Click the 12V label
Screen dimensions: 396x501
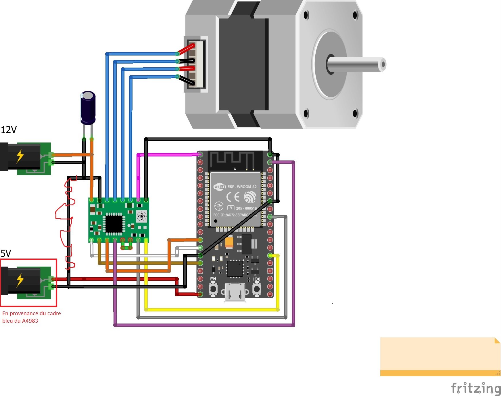(x=9, y=130)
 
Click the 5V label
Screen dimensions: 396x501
(x=6, y=253)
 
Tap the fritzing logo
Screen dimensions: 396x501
(x=476, y=388)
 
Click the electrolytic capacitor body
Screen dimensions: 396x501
(x=88, y=108)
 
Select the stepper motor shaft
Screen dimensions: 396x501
(x=356, y=64)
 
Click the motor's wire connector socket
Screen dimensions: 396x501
(x=195, y=64)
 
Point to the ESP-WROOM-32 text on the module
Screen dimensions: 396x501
(x=242, y=187)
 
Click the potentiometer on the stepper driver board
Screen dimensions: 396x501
(x=141, y=216)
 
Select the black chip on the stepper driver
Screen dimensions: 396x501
(x=114, y=224)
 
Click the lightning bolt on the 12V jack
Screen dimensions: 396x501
(x=20, y=157)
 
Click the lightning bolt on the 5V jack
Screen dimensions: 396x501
(x=20, y=280)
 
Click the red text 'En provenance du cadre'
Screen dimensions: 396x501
(x=32, y=313)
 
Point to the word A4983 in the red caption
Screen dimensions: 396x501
(x=30, y=321)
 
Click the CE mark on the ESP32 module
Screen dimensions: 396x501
(x=233, y=197)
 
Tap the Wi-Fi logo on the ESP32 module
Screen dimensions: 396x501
(x=219, y=187)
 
